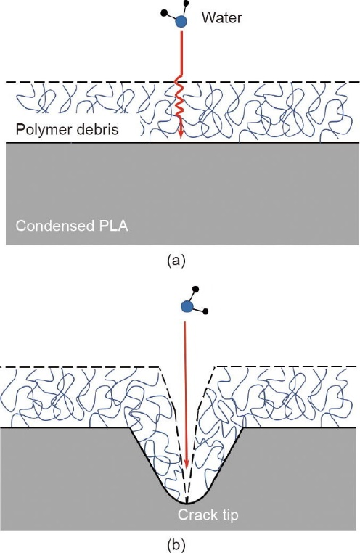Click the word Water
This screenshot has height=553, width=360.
[222, 17]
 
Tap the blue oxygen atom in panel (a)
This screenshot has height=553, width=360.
[181, 22]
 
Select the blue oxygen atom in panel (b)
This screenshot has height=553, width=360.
[187, 306]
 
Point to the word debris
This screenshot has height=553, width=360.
[97, 129]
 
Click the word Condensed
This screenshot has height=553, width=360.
[52, 226]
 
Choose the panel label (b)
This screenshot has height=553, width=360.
[176, 546]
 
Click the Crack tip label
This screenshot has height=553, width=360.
[208, 515]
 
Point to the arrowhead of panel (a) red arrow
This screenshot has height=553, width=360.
[181, 134]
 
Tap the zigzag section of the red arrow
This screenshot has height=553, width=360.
[180, 100]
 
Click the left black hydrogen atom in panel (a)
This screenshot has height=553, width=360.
[163, 13]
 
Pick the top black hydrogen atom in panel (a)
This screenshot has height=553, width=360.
[187, 4]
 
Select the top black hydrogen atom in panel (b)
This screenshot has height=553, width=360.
[196, 289]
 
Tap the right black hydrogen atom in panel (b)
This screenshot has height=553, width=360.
[206, 312]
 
